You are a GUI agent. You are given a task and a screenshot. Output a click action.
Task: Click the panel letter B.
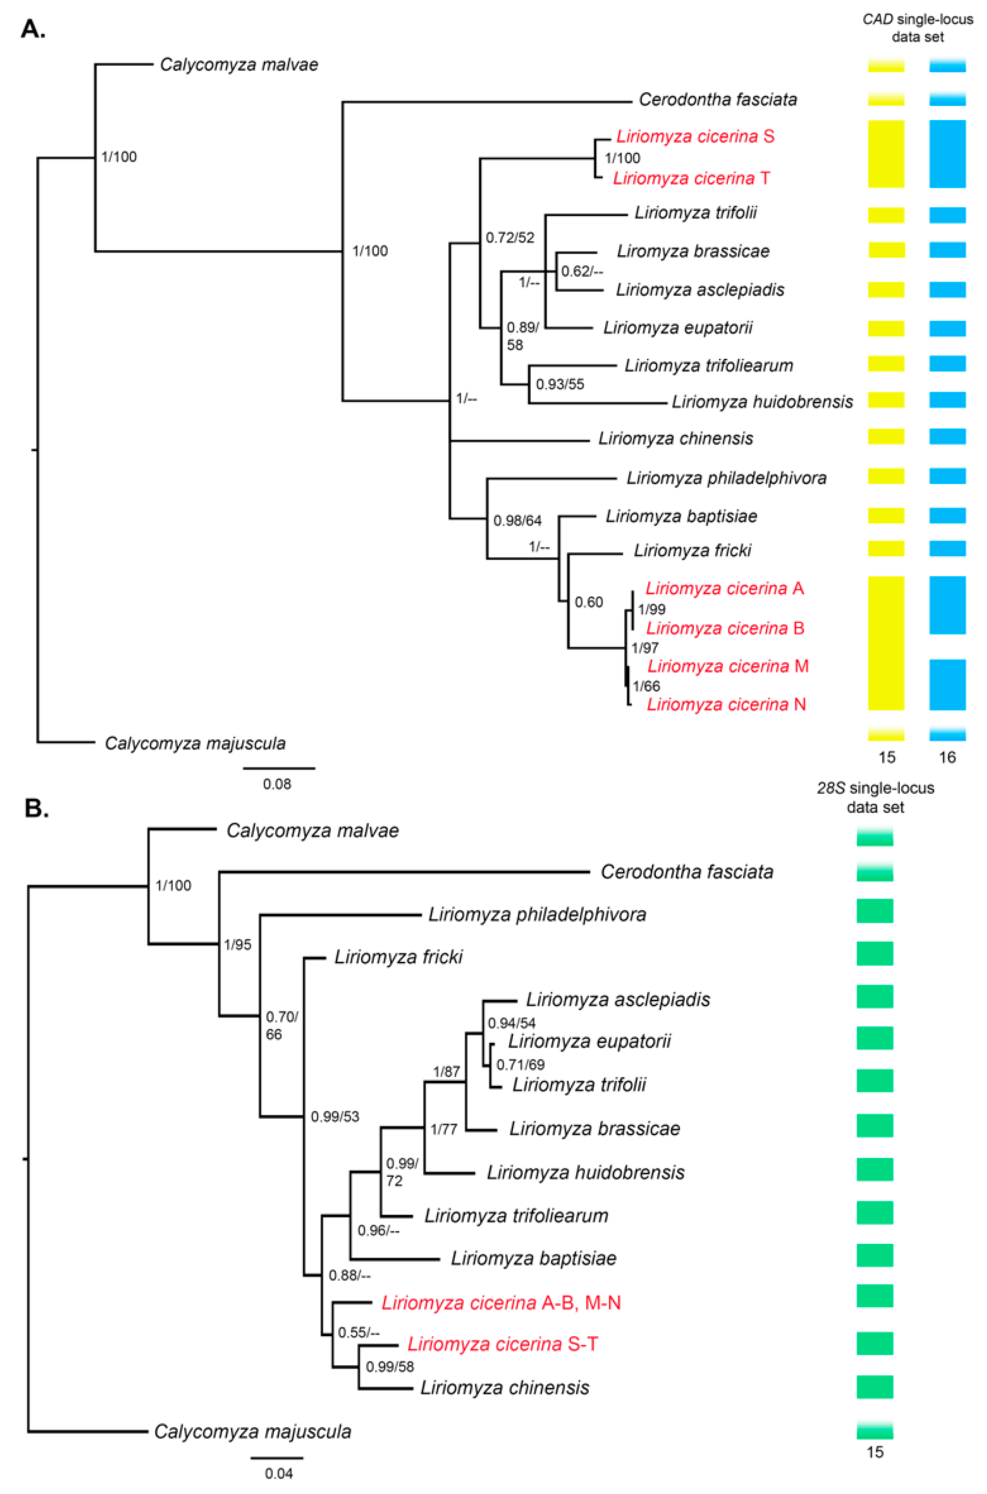36,809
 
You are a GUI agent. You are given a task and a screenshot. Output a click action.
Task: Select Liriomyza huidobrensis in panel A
762,401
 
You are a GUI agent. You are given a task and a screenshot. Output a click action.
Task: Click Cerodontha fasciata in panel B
687,872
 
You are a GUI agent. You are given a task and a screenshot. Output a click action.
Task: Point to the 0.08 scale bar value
277,784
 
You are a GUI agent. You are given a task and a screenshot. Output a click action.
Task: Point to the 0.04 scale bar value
278,1473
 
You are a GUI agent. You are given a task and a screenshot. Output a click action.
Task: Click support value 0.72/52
509,238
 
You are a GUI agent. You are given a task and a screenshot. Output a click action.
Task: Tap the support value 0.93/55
560,384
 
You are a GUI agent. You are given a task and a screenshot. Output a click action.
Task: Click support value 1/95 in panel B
237,944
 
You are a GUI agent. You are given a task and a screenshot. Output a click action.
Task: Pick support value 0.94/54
511,1024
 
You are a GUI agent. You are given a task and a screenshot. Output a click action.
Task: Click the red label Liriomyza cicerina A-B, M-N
501,1302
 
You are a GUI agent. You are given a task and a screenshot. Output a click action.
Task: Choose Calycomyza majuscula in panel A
195,743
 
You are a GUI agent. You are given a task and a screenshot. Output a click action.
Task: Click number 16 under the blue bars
947,758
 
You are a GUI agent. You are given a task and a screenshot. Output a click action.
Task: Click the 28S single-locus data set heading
875,797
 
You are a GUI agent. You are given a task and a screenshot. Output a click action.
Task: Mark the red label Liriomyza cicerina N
726,705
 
